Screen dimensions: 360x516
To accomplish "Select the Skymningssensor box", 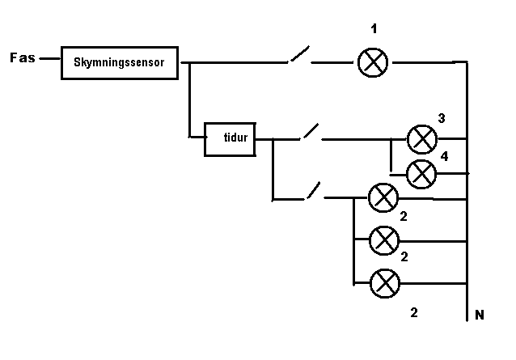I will click(119, 62).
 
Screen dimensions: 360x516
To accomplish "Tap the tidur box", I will click(229, 138).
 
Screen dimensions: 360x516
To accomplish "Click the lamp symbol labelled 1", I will click(373, 61).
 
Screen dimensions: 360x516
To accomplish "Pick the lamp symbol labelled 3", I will click(421, 139).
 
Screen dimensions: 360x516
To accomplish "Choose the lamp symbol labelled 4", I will click(421, 172).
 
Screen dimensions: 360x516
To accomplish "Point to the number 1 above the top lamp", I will click(373, 30).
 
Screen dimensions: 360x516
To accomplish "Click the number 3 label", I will click(442, 118).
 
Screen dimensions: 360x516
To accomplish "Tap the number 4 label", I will click(444, 155).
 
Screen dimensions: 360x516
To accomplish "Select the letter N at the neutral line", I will click(480, 316).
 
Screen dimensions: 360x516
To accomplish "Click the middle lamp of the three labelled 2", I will click(384, 239).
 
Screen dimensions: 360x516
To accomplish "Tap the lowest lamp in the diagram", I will click(385, 283).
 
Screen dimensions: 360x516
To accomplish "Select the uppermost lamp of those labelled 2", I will click(383, 197).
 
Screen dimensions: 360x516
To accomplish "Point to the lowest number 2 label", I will click(414, 312).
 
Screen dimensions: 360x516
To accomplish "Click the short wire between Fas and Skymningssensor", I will click(50, 59).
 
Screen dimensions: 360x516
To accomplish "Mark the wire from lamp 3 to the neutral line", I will click(452, 138).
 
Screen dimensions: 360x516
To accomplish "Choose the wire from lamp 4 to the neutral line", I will click(452, 173).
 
